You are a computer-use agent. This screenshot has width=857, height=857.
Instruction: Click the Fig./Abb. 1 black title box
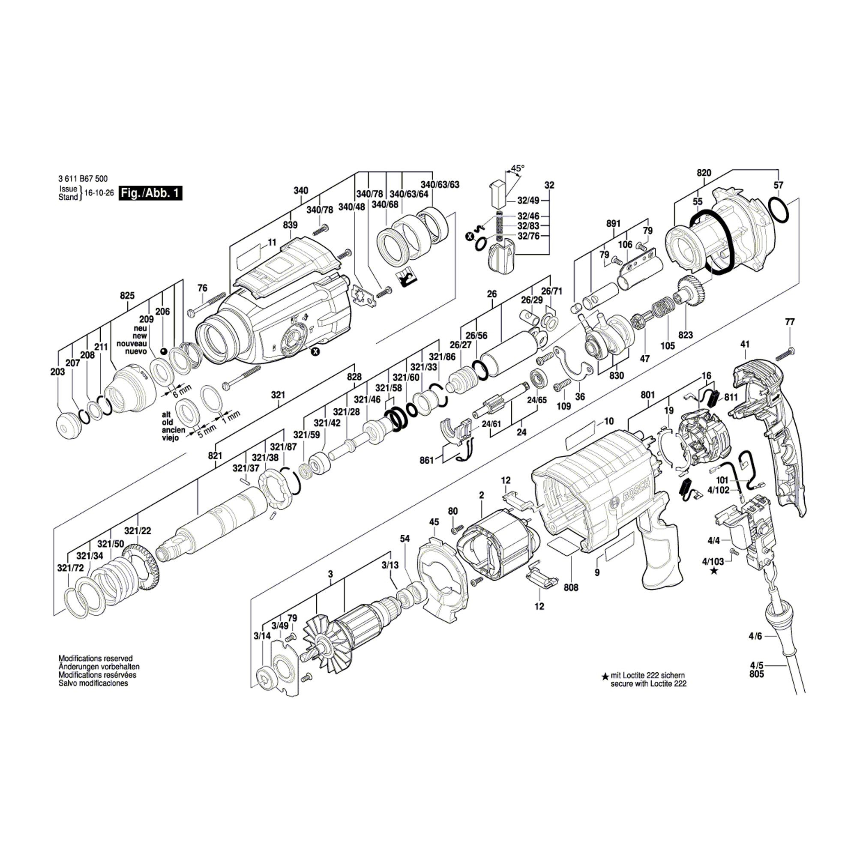[150, 193]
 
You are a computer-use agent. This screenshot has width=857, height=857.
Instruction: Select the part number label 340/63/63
[440, 185]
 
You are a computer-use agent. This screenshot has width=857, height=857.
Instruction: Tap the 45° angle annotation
[517, 168]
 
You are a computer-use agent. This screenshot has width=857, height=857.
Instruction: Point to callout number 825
[127, 295]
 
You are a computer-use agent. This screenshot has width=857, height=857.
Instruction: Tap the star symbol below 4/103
[714, 571]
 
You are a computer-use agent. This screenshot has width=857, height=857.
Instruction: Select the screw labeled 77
[786, 354]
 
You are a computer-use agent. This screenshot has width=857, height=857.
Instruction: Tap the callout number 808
[571, 587]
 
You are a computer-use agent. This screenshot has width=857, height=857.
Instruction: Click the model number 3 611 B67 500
[83, 179]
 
